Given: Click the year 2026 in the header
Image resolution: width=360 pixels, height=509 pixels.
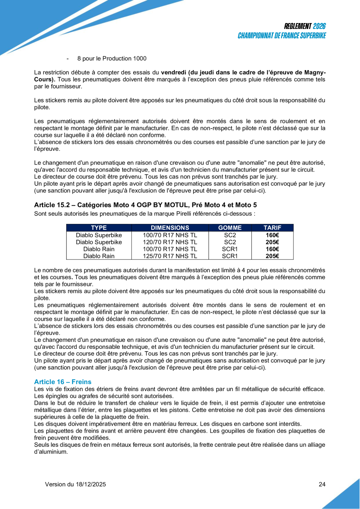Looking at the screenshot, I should pyautogui.click(x=319, y=26).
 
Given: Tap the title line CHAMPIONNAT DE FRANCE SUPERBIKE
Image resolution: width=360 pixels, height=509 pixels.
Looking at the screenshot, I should pyautogui.click(x=282, y=35).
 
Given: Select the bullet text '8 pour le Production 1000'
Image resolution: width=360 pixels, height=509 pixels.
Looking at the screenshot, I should pyautogui.click(x=112, y=58).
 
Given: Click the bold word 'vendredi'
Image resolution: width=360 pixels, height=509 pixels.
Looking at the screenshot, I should pyautogui.click(x=173, y=72).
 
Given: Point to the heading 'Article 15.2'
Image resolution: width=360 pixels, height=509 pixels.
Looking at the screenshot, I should pyautogui.click(x=51, y=205).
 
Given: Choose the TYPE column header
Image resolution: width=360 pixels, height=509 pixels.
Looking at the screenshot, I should pyautogui.click(x=99, y=227).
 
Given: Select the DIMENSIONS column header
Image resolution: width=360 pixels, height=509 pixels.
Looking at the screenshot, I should pyautogui.click(x=170, y=227).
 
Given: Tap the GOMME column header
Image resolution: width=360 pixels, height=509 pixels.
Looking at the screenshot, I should pyautogui.click(x=230, y=227).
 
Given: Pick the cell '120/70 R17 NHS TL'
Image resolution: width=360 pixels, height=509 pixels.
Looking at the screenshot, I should pyautogui.click(x=170, y=242).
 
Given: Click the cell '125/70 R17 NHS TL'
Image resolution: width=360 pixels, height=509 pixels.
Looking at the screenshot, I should pyautogui.click(x=170, y=256).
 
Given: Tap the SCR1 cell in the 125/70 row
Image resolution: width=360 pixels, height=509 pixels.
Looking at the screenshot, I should pyautogui.click(x=230, y=256).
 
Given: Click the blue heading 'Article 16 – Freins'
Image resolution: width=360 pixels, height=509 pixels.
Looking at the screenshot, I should pyautogui.click(x=62, y=381).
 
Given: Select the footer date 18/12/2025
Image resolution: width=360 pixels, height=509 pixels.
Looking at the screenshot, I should pyautogui.click(x=91, y=484).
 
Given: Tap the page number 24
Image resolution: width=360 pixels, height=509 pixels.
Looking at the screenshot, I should pyautogui.click(x=322, y=484).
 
